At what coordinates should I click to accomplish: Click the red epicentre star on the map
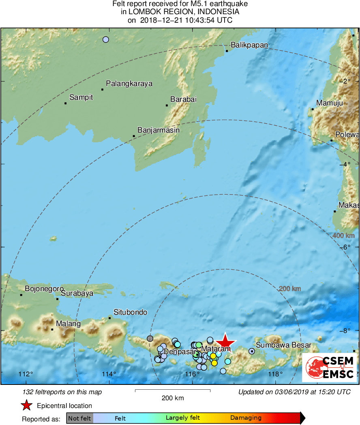pyautogui.click(x=225, y=343)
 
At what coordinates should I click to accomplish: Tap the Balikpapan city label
pyautogui.click(x=249, y=45)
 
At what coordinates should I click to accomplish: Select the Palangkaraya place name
pyautogui.click(x=129, y=84)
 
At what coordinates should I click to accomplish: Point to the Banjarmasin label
pyautogui.click(x=159, y=130)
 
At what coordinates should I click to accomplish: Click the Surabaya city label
pyautogui.click(x=77, y=293)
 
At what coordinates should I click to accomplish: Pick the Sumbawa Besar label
pyautogui.click(x=284, y=345)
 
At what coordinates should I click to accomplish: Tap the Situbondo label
pyautogui.click(x=130, y=312)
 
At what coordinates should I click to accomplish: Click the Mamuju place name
pyautogui.click(x=330, y=103)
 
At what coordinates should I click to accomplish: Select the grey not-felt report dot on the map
pyautogui.click(x=150, y=339)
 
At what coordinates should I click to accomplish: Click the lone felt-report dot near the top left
pyautogui.click(x=106, y=39)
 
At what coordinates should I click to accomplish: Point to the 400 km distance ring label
pyautogui.click(x=343, y=236)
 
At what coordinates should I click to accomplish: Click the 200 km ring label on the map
pyautogui.click(x=290, y=289)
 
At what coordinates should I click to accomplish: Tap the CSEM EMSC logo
pyautogui.click(x=329, y=367)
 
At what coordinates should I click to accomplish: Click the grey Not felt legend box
pyautogui.click(x=79, y=418)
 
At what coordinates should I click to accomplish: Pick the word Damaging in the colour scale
pyautogui.click(x=246, y=418)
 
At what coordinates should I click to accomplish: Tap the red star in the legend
pyautogui.click(x=26, y=406)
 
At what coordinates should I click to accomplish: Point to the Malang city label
pyautogui.click(x=68, y=324)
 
